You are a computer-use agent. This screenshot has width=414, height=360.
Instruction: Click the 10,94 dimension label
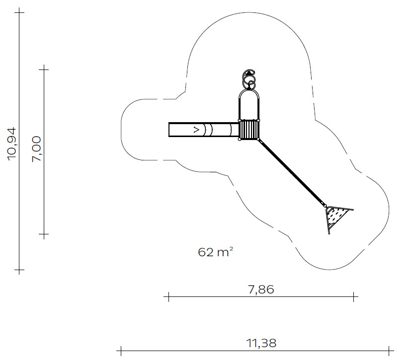pyautogui.click(x=12, y=144)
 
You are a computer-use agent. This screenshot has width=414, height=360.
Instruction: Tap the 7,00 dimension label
pyautogui.click(x=36, y=149)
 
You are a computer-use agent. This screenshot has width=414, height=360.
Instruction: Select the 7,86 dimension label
pyautogui.click(x=261, y=289)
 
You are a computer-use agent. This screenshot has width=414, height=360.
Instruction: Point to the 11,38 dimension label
pyautogui.click(x=261, y=344)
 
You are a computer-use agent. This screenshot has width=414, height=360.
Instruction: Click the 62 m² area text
pyautogui.click(x=216, y=252)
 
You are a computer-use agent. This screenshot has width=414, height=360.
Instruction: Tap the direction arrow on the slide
pyautogui.click(x=196, y=130)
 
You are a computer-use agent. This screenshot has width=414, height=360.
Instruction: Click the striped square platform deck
pyautogui.click(x=249, y=130)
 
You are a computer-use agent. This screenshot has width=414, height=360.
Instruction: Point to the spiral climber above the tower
pyautogui.click(x=249, y=79)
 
